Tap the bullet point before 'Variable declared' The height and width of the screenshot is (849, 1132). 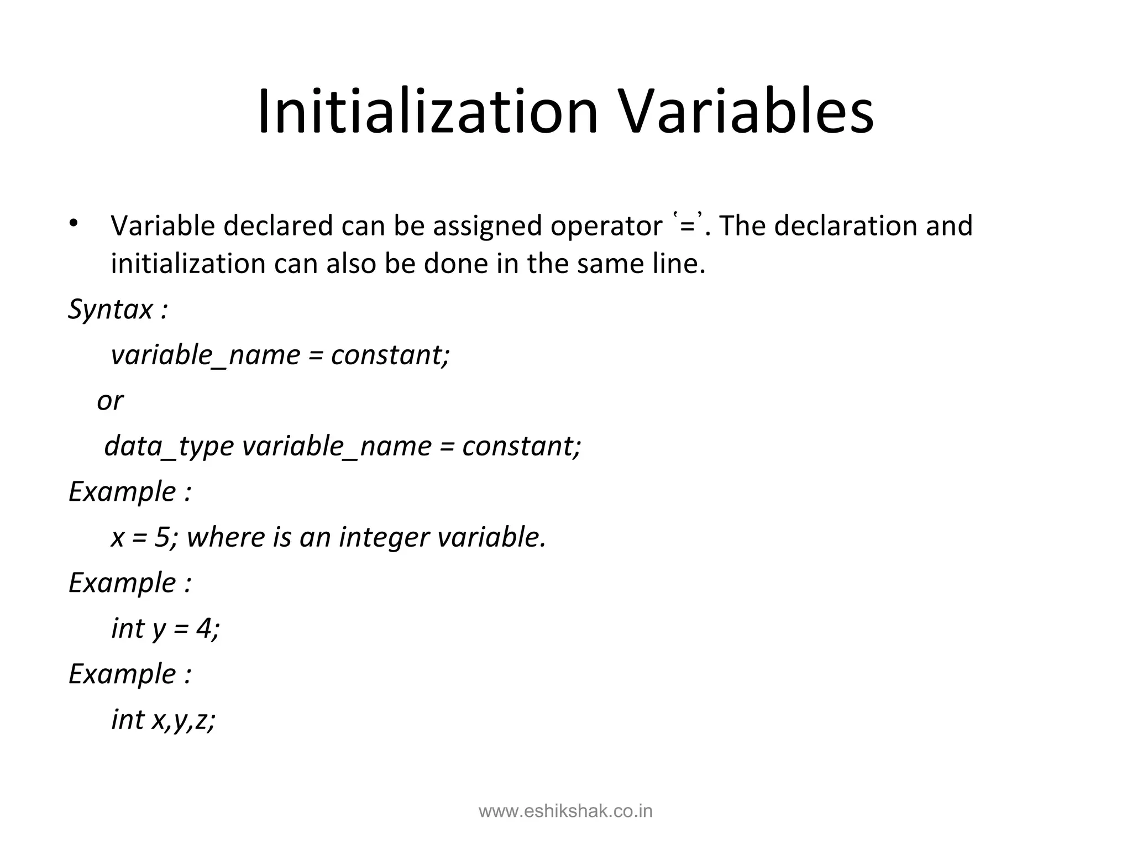coord(74,224)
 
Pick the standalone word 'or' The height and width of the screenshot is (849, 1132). coord(110,400)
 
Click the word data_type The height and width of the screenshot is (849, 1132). coord(169,446)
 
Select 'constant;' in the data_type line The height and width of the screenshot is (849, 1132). coord(521,446)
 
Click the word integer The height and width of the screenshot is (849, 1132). coord(384,538)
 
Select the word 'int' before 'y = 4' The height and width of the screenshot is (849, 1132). coord(127,628)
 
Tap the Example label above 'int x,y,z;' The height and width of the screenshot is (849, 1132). coord(122,674)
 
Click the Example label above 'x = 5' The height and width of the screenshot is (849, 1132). coord(122,491)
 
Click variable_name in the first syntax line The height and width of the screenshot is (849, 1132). coord(205,355)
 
